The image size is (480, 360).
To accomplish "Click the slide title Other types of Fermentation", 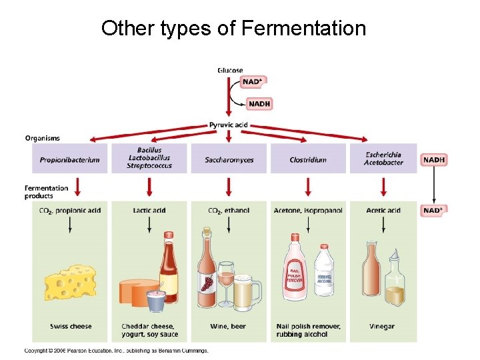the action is pyautogui.click(x=233, y=29).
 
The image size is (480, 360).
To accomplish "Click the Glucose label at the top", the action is pyautogui.click(x=230, y=70).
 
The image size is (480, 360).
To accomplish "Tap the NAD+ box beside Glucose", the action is pyautogui.click(x=252, y=82).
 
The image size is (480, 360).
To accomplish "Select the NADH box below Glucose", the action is pyautogui.click(x=259, y=103).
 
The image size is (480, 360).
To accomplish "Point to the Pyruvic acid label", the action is pyautogui.click(x=229, y=125).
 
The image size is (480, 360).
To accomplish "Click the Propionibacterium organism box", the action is pyautogui.click(x=69, y=159).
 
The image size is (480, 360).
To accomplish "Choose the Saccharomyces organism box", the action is pyautogui.click(x=229, y=159).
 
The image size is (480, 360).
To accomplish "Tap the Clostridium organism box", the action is pyautogui.click(x=308, y=159).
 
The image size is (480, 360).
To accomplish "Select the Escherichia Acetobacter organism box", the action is pyautogui.click(x=383, y=159).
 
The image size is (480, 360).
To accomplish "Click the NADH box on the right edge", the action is pyautogui.click(x=433, y=160).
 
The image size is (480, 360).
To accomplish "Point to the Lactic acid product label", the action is pyautogui.click(x=149, y=211).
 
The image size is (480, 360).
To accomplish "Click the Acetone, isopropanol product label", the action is pyautogui.click(x=308, y=211).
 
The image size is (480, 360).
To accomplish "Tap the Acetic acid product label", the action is pyautogui.click(x=383, y=211).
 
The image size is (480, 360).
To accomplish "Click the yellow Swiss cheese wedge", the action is pyautogui.click(x=70, y=282).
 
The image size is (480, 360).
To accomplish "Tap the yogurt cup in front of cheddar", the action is pyautogui.click(x=156, y=300).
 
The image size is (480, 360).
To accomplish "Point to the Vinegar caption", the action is pyautogui.click(x=382, y=327).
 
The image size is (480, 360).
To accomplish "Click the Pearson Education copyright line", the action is pyautogui.click(x=117, y=351).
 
